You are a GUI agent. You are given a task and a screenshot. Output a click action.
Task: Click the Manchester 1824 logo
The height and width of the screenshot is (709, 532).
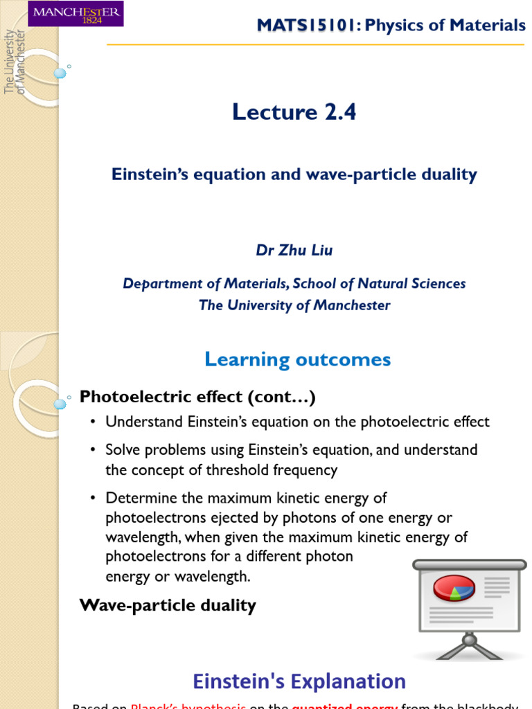[x=76, y=14]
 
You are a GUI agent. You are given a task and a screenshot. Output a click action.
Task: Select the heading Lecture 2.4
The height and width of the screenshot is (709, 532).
[x=294, y=111]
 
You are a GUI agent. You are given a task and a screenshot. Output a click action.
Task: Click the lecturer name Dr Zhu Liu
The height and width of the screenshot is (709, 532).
[x=294, y=251]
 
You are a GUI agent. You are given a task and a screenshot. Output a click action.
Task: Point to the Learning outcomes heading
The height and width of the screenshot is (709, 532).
[x=297, y=359]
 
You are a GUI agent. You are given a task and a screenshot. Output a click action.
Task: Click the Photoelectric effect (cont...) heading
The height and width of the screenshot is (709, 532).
[x=197, y=397]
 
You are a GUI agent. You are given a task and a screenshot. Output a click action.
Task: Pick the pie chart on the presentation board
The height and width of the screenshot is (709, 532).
[x=454, y=588]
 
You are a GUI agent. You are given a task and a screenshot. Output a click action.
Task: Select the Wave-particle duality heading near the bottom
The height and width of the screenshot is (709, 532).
[x=168, y=605]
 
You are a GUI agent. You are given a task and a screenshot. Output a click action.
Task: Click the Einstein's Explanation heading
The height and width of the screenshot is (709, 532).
[x=299, y=681]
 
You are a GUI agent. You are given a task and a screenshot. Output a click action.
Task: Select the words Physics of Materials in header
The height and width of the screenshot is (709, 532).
[x=445, y=26]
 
